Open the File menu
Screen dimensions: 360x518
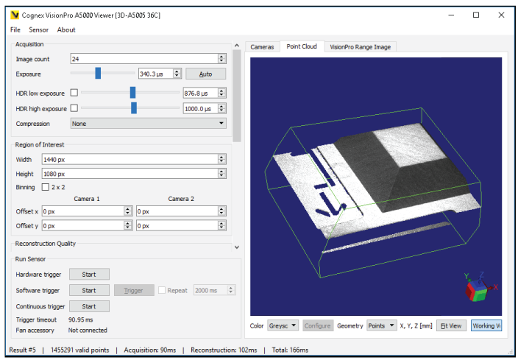[15, 29]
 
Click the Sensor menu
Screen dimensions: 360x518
[38, 29]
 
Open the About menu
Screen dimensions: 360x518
[66, 29]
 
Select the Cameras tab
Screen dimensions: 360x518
[262, 46]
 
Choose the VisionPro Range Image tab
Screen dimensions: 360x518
[360, 46]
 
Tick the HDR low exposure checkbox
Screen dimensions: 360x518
[74, 93]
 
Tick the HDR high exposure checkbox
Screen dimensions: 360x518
[74, 108]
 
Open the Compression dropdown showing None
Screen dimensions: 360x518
[148, 124]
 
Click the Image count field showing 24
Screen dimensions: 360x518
[143, 59]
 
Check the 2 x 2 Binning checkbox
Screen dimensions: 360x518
[46, 187]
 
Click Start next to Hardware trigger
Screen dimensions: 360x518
[89, 274]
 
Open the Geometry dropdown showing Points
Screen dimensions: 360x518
[381, 325]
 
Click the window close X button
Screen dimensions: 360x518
[500, 15]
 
